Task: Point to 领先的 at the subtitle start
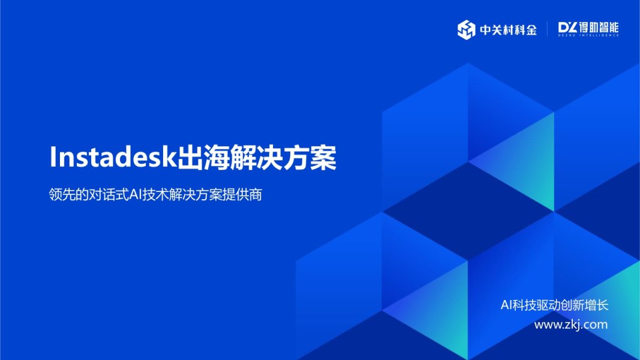68,196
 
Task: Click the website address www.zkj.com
570,325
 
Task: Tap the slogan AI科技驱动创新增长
554,305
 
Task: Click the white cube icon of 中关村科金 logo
466,29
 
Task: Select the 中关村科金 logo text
508,29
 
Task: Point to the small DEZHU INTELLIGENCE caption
588,36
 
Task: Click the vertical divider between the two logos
547,29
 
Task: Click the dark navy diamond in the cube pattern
468,209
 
